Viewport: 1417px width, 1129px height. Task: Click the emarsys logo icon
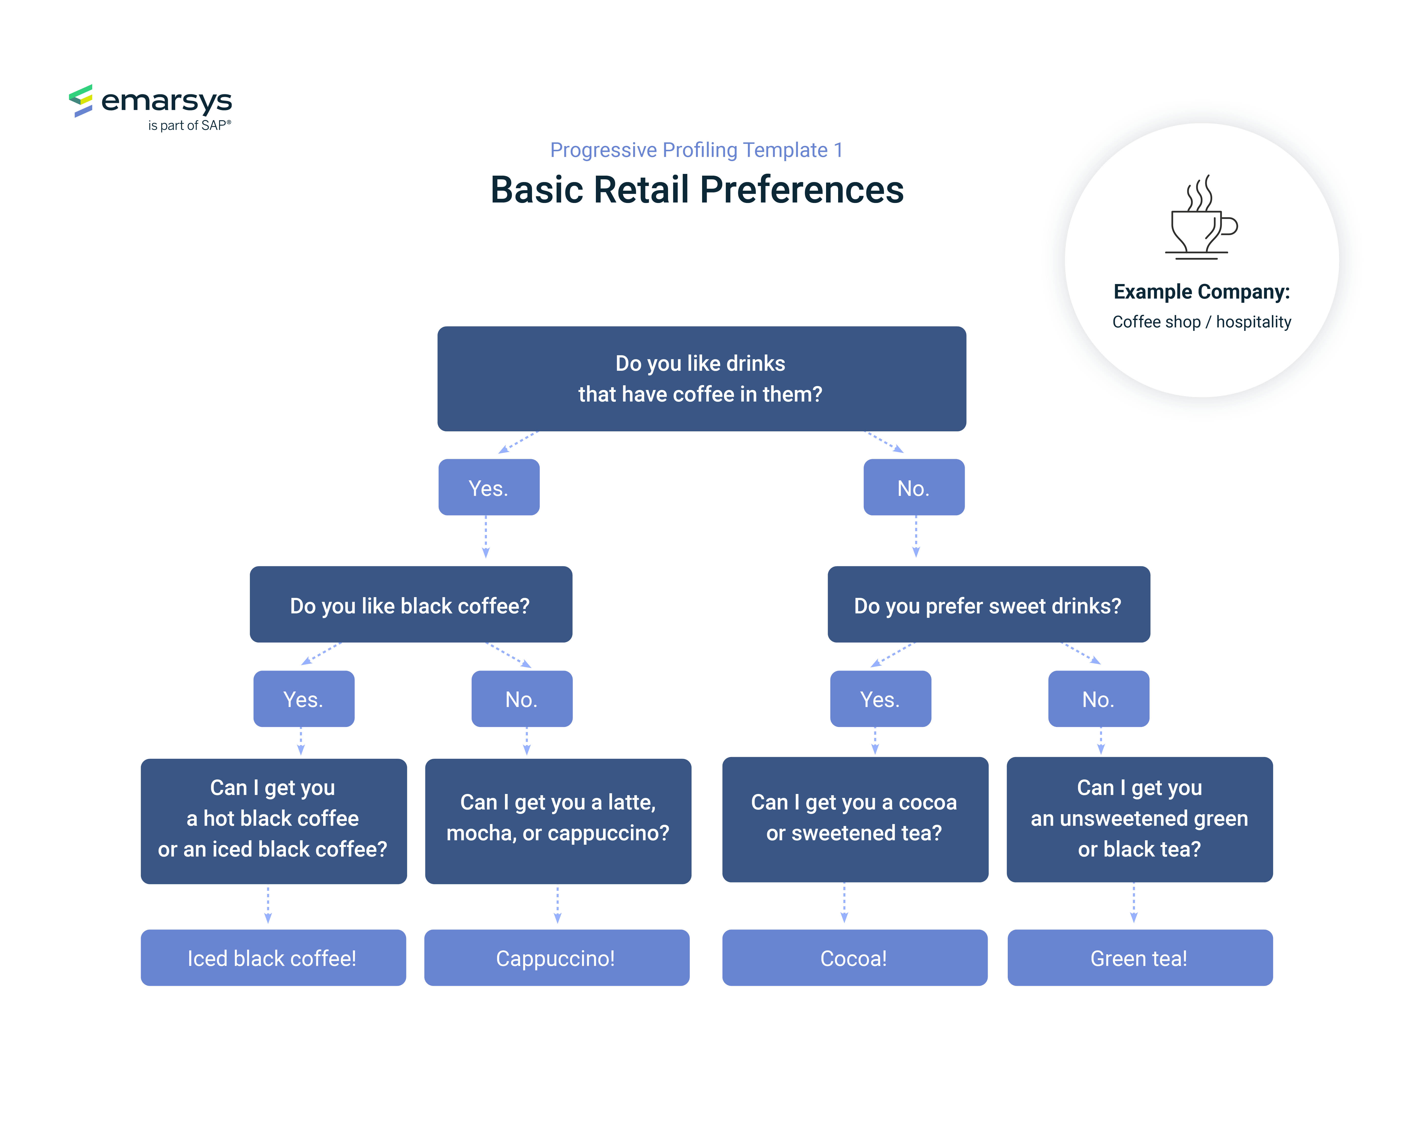81,101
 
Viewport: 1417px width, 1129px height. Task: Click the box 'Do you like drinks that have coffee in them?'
701,379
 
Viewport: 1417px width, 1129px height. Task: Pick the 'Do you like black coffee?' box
411,604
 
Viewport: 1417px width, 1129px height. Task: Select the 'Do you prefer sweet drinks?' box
988,604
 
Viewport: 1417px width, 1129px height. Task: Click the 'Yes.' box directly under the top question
489,487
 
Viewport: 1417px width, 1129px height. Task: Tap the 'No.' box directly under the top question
914,487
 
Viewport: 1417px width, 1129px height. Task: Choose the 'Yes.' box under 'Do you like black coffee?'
304,699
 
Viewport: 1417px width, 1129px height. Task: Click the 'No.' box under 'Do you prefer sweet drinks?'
1098,699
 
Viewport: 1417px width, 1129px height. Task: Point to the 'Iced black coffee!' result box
273,958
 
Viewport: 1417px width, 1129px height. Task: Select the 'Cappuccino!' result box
557,958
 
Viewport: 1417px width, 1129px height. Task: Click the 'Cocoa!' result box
854,958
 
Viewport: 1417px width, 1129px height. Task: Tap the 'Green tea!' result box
1140,958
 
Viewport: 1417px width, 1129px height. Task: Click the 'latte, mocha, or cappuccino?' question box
558,821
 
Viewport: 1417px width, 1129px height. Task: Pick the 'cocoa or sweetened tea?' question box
855,820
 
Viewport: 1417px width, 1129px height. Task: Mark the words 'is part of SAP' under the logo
189,126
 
